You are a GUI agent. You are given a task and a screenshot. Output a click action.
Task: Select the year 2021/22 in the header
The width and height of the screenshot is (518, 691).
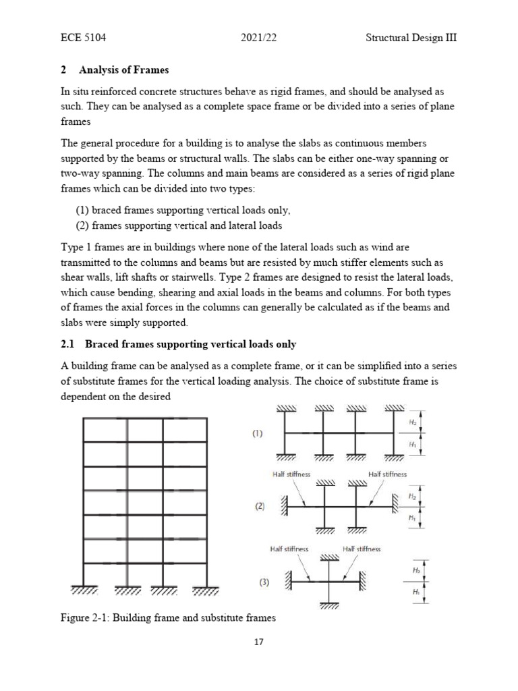click(x=260, y=38)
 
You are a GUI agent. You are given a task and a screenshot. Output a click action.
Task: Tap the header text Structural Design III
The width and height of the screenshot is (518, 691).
click(x=407, y=38)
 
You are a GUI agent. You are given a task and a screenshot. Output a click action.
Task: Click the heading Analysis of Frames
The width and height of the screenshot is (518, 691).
click(x=124, y=70)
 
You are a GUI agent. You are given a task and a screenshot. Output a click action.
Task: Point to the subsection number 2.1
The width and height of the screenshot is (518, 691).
click(x=67, y=344)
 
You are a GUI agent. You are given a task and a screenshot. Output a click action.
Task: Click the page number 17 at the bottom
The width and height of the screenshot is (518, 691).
click(x=258, y=642)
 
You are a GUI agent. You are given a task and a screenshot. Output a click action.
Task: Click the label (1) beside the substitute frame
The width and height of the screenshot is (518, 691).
click(x=258, y=435)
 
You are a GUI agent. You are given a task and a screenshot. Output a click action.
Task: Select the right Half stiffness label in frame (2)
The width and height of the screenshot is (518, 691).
click(x=388, y=474)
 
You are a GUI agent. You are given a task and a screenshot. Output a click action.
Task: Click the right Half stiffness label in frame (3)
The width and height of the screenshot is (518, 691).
click(x=362, y=549)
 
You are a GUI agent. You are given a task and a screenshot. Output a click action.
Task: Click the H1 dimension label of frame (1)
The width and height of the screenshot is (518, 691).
click(x=412, y=445)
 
